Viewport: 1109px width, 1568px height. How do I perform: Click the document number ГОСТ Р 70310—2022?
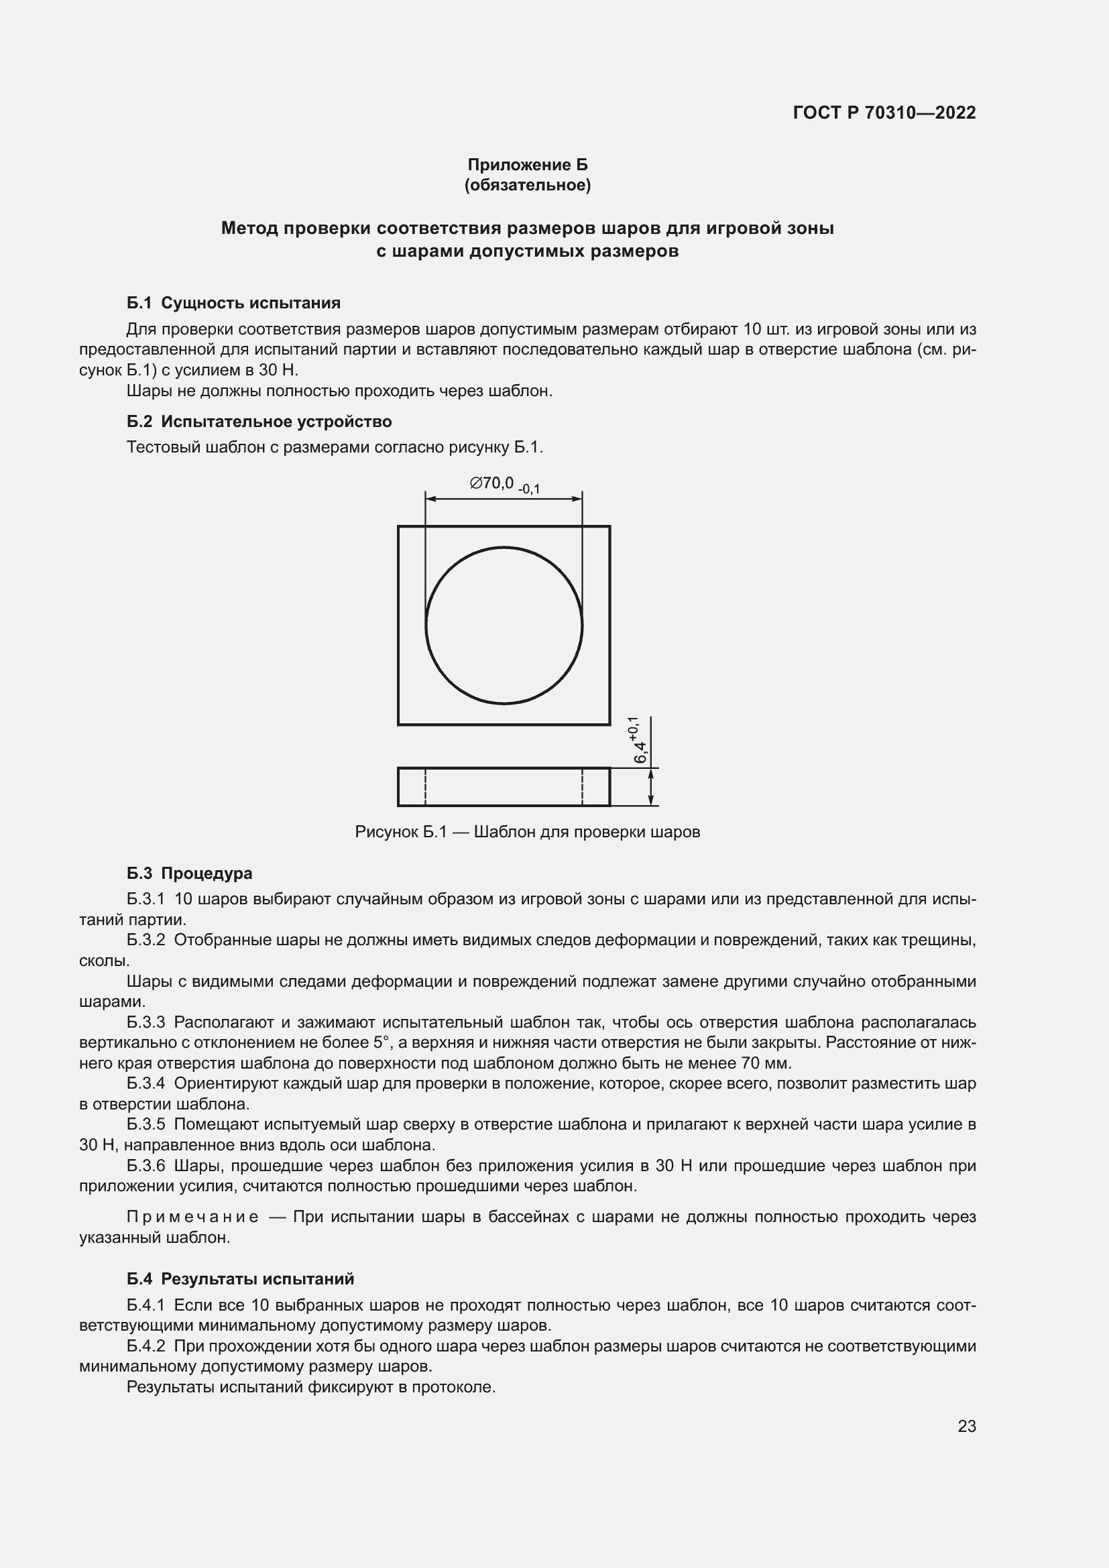tap(884, 113)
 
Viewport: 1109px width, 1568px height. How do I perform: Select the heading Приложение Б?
tap(527, 165)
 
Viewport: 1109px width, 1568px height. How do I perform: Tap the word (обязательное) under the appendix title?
tap(527, 185)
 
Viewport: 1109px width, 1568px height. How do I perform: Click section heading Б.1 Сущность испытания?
tap(233, 302)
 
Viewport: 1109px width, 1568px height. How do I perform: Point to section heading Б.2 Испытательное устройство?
tap(259, 422)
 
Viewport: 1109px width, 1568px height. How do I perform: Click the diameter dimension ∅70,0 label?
tap(491, 483)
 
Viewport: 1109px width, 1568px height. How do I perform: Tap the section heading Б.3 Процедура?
tap(189, 873)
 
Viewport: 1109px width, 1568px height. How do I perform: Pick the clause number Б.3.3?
tap(146, 1022)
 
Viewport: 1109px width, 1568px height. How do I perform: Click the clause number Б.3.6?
tap(146, 1165)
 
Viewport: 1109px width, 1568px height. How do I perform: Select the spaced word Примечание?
tap(192, 1216)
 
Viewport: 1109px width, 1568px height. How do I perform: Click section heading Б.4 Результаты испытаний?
tap(241, 1278)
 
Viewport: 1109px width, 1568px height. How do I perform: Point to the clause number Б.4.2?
tap(146, 1345)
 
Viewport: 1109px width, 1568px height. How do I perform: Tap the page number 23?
tap(966, 1426)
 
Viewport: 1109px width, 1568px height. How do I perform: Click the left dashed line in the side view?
tap(426, 787)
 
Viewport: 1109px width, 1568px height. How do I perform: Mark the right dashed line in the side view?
tap(583, 787)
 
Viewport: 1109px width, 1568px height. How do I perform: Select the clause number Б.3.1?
tap(146, 899)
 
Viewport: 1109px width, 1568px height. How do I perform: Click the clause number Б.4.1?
tap(146, 1305)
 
